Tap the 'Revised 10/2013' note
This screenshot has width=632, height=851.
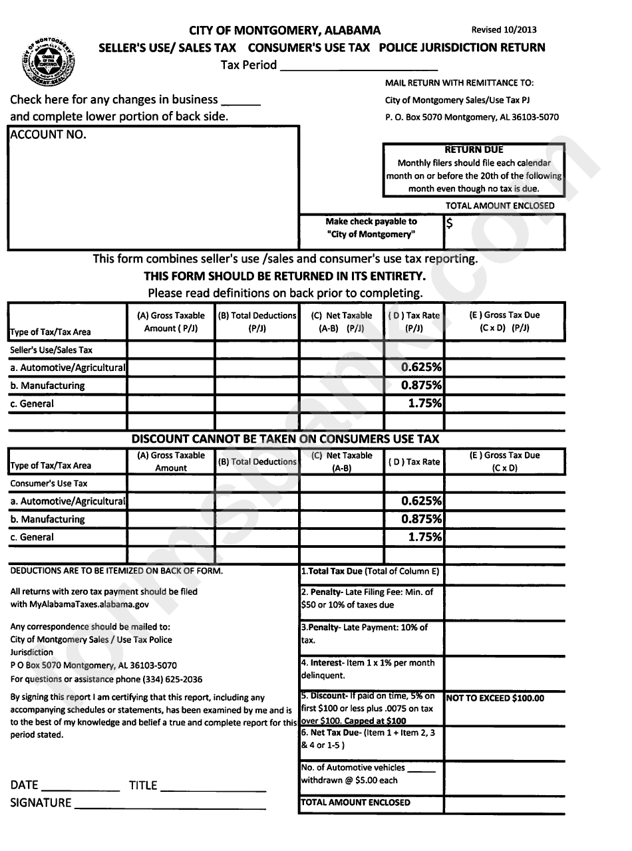[504, 30]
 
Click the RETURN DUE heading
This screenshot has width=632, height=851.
[474, 150]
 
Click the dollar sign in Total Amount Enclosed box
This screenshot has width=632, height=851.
[450, 224]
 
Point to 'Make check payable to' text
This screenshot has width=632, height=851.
[371, 221]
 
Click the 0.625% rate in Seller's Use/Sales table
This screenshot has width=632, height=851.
[421, 368]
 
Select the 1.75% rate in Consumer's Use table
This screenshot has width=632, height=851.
[426, 537]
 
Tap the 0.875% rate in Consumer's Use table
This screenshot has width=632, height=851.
[421, 519]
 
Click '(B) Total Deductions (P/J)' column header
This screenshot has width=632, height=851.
[257, 322]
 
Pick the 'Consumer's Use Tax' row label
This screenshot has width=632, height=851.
[49, 483]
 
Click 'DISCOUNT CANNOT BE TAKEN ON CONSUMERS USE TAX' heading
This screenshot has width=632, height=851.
[285, 439]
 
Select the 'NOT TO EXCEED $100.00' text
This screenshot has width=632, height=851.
[495, 698]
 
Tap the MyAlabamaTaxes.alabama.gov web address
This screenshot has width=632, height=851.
[89, 604]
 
